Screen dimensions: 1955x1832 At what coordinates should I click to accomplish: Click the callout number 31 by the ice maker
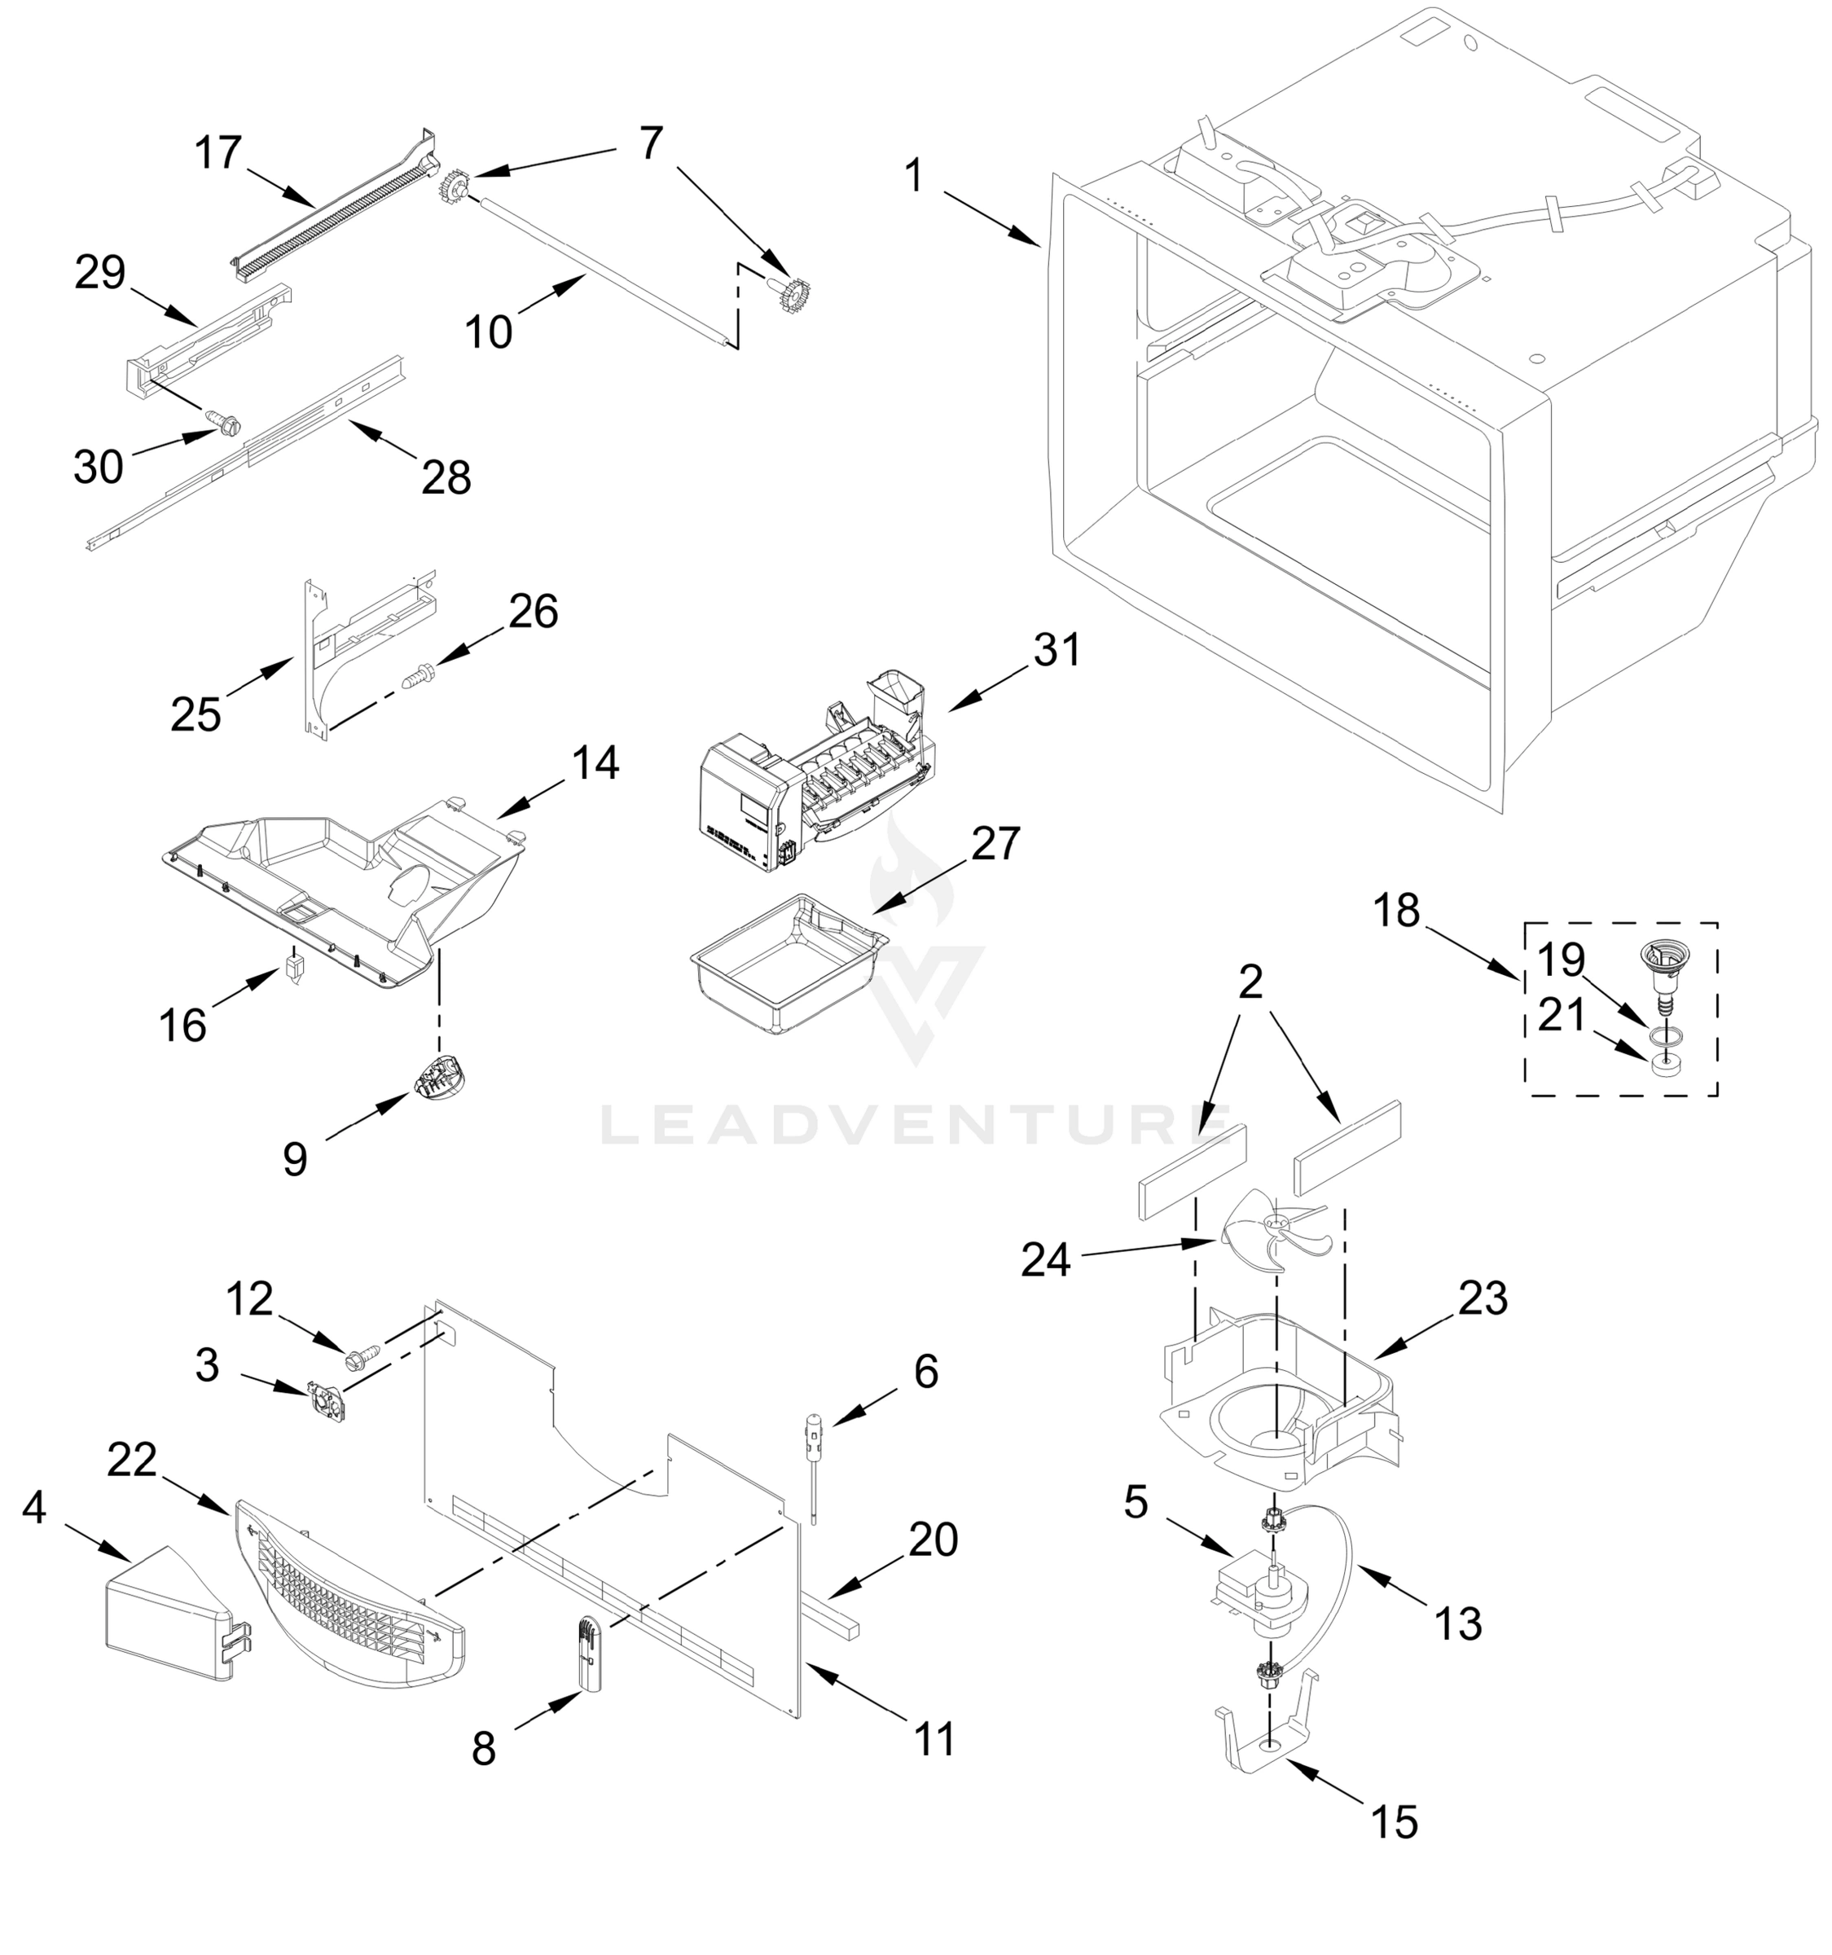(1057, 650)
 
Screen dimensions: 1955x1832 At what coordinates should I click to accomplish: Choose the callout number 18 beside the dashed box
(1396, 911)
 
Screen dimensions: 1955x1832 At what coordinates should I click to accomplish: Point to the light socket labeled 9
(438, 1082)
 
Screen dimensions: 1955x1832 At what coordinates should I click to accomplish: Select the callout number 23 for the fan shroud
(1483, 1299)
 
